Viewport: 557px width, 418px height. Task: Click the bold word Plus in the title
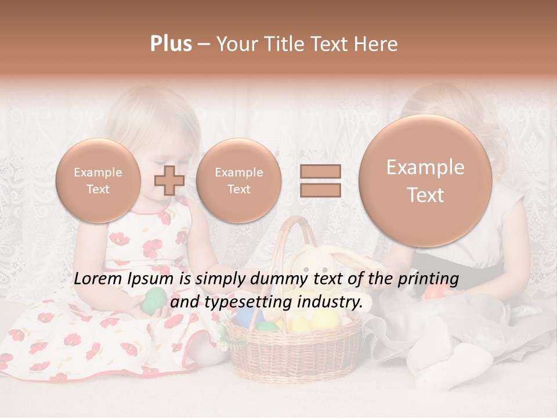[171, 44]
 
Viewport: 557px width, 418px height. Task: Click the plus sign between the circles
[169, 180]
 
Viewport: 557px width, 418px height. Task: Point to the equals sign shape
[320, 180]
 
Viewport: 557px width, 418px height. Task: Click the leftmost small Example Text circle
[98, 181]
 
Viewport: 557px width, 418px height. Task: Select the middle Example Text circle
[239, 181]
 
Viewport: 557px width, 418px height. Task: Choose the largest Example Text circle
[425, 181]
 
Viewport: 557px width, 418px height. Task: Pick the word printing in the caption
[428, 279]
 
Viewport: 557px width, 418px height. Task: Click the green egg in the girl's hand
[154, 300]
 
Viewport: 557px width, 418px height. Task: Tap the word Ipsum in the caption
[153, 279]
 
